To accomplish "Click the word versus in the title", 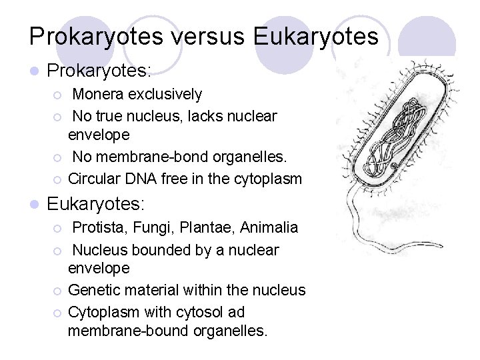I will point(203,36).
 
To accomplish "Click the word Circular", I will point(93,179).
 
